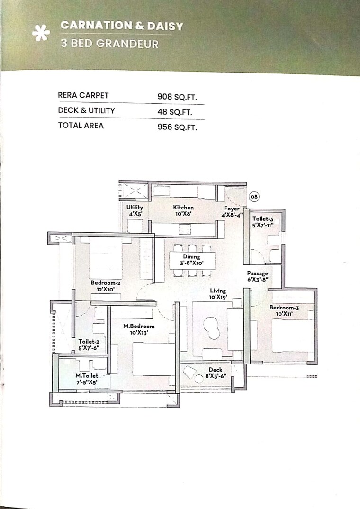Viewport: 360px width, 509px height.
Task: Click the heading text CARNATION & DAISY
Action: point(122,26)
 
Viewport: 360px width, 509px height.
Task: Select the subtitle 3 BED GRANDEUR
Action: point(109,44)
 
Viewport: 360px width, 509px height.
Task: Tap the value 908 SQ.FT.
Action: point(177,96)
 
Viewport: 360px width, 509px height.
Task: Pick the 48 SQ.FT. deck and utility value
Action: point(174,112)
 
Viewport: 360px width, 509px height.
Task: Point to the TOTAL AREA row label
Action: point(81,126)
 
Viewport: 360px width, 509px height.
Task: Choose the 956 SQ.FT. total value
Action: point(177,127)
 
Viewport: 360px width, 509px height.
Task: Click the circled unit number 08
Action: point(254,196)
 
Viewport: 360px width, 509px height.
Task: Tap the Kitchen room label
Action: point(183,210)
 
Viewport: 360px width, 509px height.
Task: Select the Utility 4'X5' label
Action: point(135,210)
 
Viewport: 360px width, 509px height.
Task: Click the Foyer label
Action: point(232,211)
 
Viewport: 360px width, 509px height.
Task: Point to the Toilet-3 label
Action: point(262,222)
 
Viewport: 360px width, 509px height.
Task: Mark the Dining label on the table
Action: point(192,260)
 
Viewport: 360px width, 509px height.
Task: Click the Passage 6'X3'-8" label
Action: point(258,276)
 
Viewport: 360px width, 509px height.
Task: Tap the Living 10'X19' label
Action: point(218,294)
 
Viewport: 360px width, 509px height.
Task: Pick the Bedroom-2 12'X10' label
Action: point(105,286)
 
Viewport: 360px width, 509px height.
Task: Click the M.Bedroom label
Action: point(139,329)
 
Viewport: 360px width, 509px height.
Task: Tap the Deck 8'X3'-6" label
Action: point(216,373)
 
